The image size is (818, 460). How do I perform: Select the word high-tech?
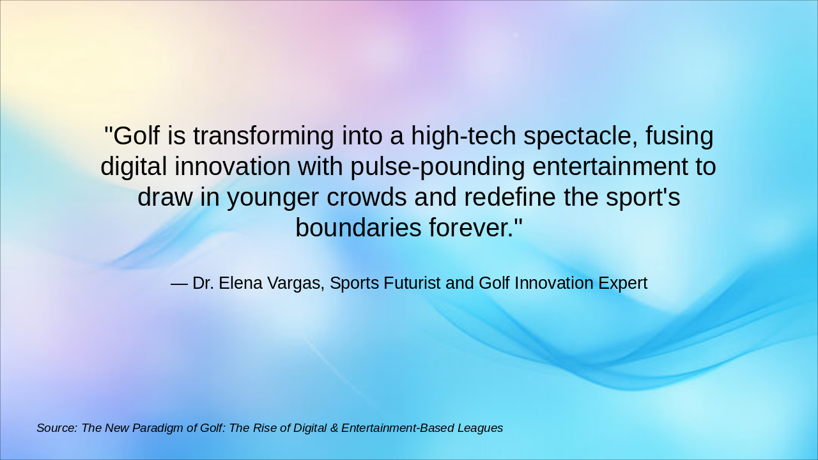[x=463, y=136]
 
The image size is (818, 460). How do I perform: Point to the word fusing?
[x=679, y=136]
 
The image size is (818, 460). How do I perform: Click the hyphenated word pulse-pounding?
[x=437, y=167]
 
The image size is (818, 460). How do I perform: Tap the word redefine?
[x=510, y=197]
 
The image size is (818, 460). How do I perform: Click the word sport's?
[x=645, y=197]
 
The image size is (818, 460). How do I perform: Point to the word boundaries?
[x=358, y=228]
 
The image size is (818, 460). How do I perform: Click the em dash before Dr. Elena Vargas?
[x=179, y=283]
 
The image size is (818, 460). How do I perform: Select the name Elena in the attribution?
[x=242, y=283]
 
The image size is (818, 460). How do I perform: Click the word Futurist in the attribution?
[x=412, y=283]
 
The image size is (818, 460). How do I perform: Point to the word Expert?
[x=622, y=283]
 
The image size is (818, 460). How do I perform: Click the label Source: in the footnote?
[x=57, y=428]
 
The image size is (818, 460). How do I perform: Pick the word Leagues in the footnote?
[x=480, y=428]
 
